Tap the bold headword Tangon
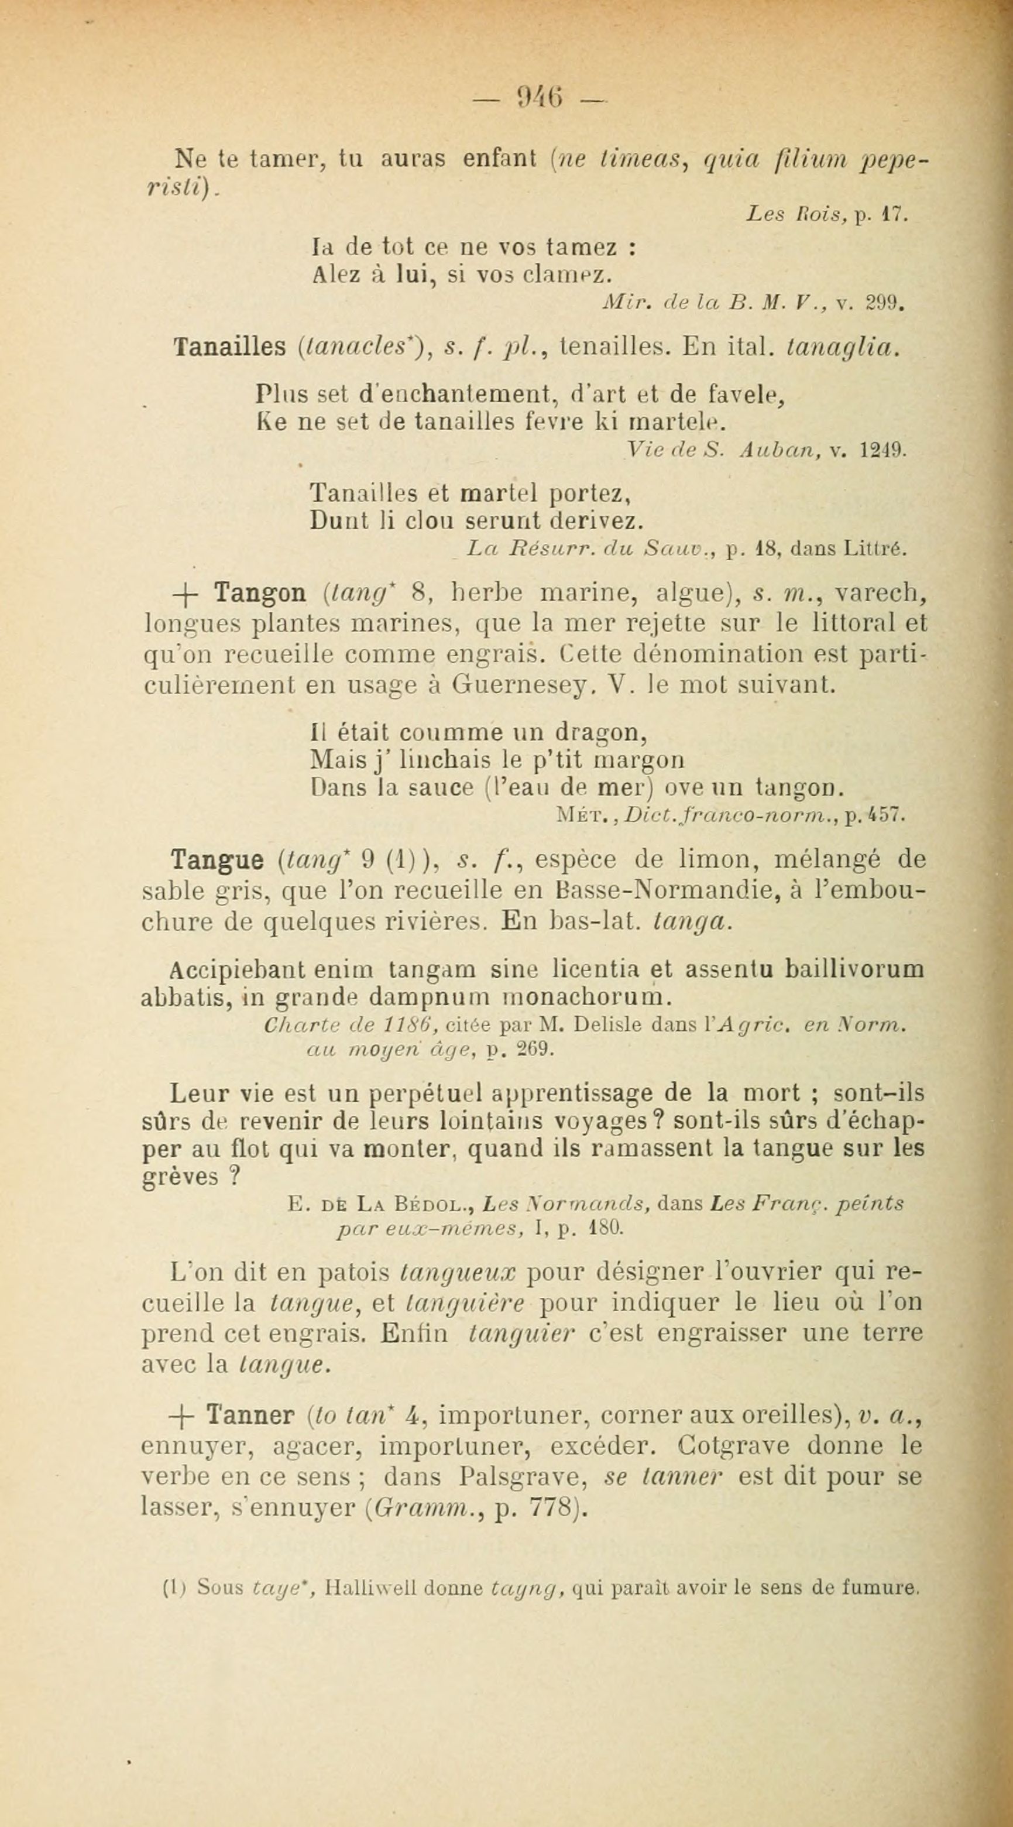[260, 593]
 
